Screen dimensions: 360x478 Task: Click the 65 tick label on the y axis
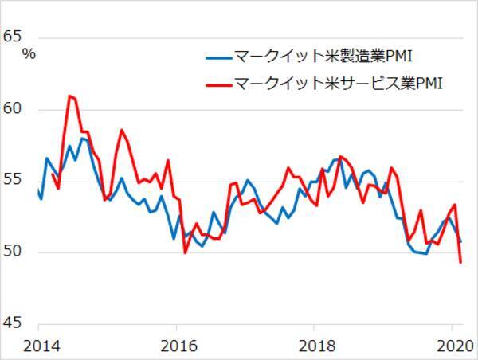(14, 36)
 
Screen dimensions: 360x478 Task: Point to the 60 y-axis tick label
(14, 108)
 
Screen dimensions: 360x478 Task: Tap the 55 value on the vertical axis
(14, 181)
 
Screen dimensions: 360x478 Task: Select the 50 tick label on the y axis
(14, 252)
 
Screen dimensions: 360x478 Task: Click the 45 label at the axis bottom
(14, 324)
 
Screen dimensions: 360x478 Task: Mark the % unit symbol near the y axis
(29, 54)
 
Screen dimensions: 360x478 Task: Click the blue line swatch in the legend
(217, 57)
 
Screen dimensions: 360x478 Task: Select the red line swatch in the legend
(217, 82)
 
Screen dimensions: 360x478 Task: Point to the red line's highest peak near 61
(70, 96)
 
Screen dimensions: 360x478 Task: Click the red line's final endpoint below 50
(460, 262)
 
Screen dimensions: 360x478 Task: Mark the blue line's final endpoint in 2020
(460, 241)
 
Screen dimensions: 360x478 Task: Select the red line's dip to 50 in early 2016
(185, 252)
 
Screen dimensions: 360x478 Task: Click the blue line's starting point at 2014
(38, 190)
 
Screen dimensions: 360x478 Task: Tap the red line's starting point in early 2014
(53, 174)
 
